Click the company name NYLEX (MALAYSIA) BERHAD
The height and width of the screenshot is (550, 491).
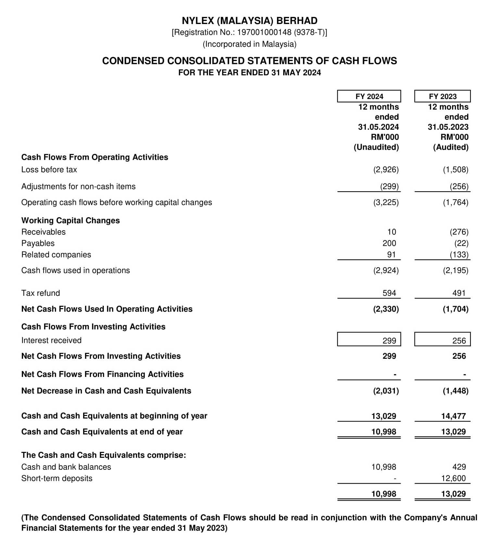(249, 21)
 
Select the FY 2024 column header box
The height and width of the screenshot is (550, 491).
(369, 96)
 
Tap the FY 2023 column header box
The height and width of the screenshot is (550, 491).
(442, 96)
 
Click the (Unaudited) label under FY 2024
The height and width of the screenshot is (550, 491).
(376, 147)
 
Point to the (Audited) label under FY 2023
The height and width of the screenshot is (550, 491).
(451, 147)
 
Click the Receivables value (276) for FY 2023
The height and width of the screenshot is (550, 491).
(459, 232)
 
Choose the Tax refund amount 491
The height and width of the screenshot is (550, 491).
(459, 293)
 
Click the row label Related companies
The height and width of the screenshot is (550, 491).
(56, 255)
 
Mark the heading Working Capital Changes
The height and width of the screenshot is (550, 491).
(70, 220)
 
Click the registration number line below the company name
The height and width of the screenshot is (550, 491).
(249, 32)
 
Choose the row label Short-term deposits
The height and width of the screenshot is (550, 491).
(57, 478)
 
